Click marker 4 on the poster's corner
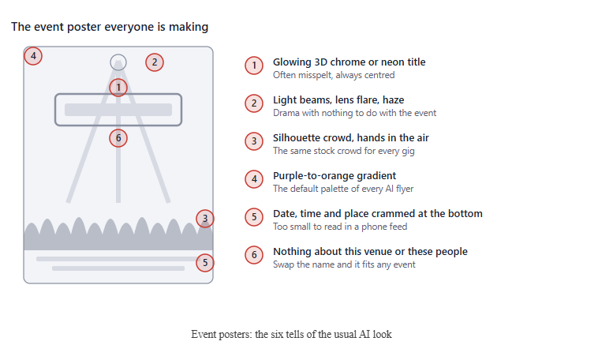(33, 56)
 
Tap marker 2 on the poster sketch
(155, 62)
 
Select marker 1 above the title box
(118, 88)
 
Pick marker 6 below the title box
(118, 138)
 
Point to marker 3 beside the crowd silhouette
(205, 219)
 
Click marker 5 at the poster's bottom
(205, 263)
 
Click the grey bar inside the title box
(118, 110)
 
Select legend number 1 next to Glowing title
(254, 66)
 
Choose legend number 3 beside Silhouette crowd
(254, 141)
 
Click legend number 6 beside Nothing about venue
(254, 255)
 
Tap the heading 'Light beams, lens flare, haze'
(338, 100)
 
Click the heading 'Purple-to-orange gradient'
(335, 175)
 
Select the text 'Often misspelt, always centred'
(334, 75)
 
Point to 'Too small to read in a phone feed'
(340, 227)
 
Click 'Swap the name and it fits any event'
(344, 264)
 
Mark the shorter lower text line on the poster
(118, 268)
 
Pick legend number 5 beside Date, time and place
(254, 217)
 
